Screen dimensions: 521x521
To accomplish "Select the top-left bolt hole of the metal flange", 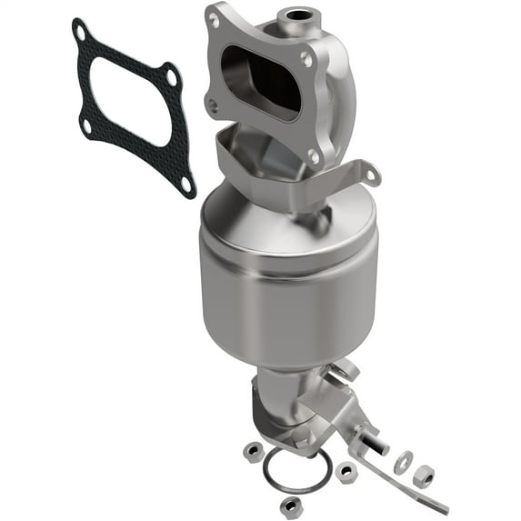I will point(215,17).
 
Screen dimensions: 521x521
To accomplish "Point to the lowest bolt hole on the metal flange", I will point(314,156).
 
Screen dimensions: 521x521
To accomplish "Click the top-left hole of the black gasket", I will point(81,34).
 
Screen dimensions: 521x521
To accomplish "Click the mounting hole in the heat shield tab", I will point(371,169).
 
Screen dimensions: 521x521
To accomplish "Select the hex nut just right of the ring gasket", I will point(346,472).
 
